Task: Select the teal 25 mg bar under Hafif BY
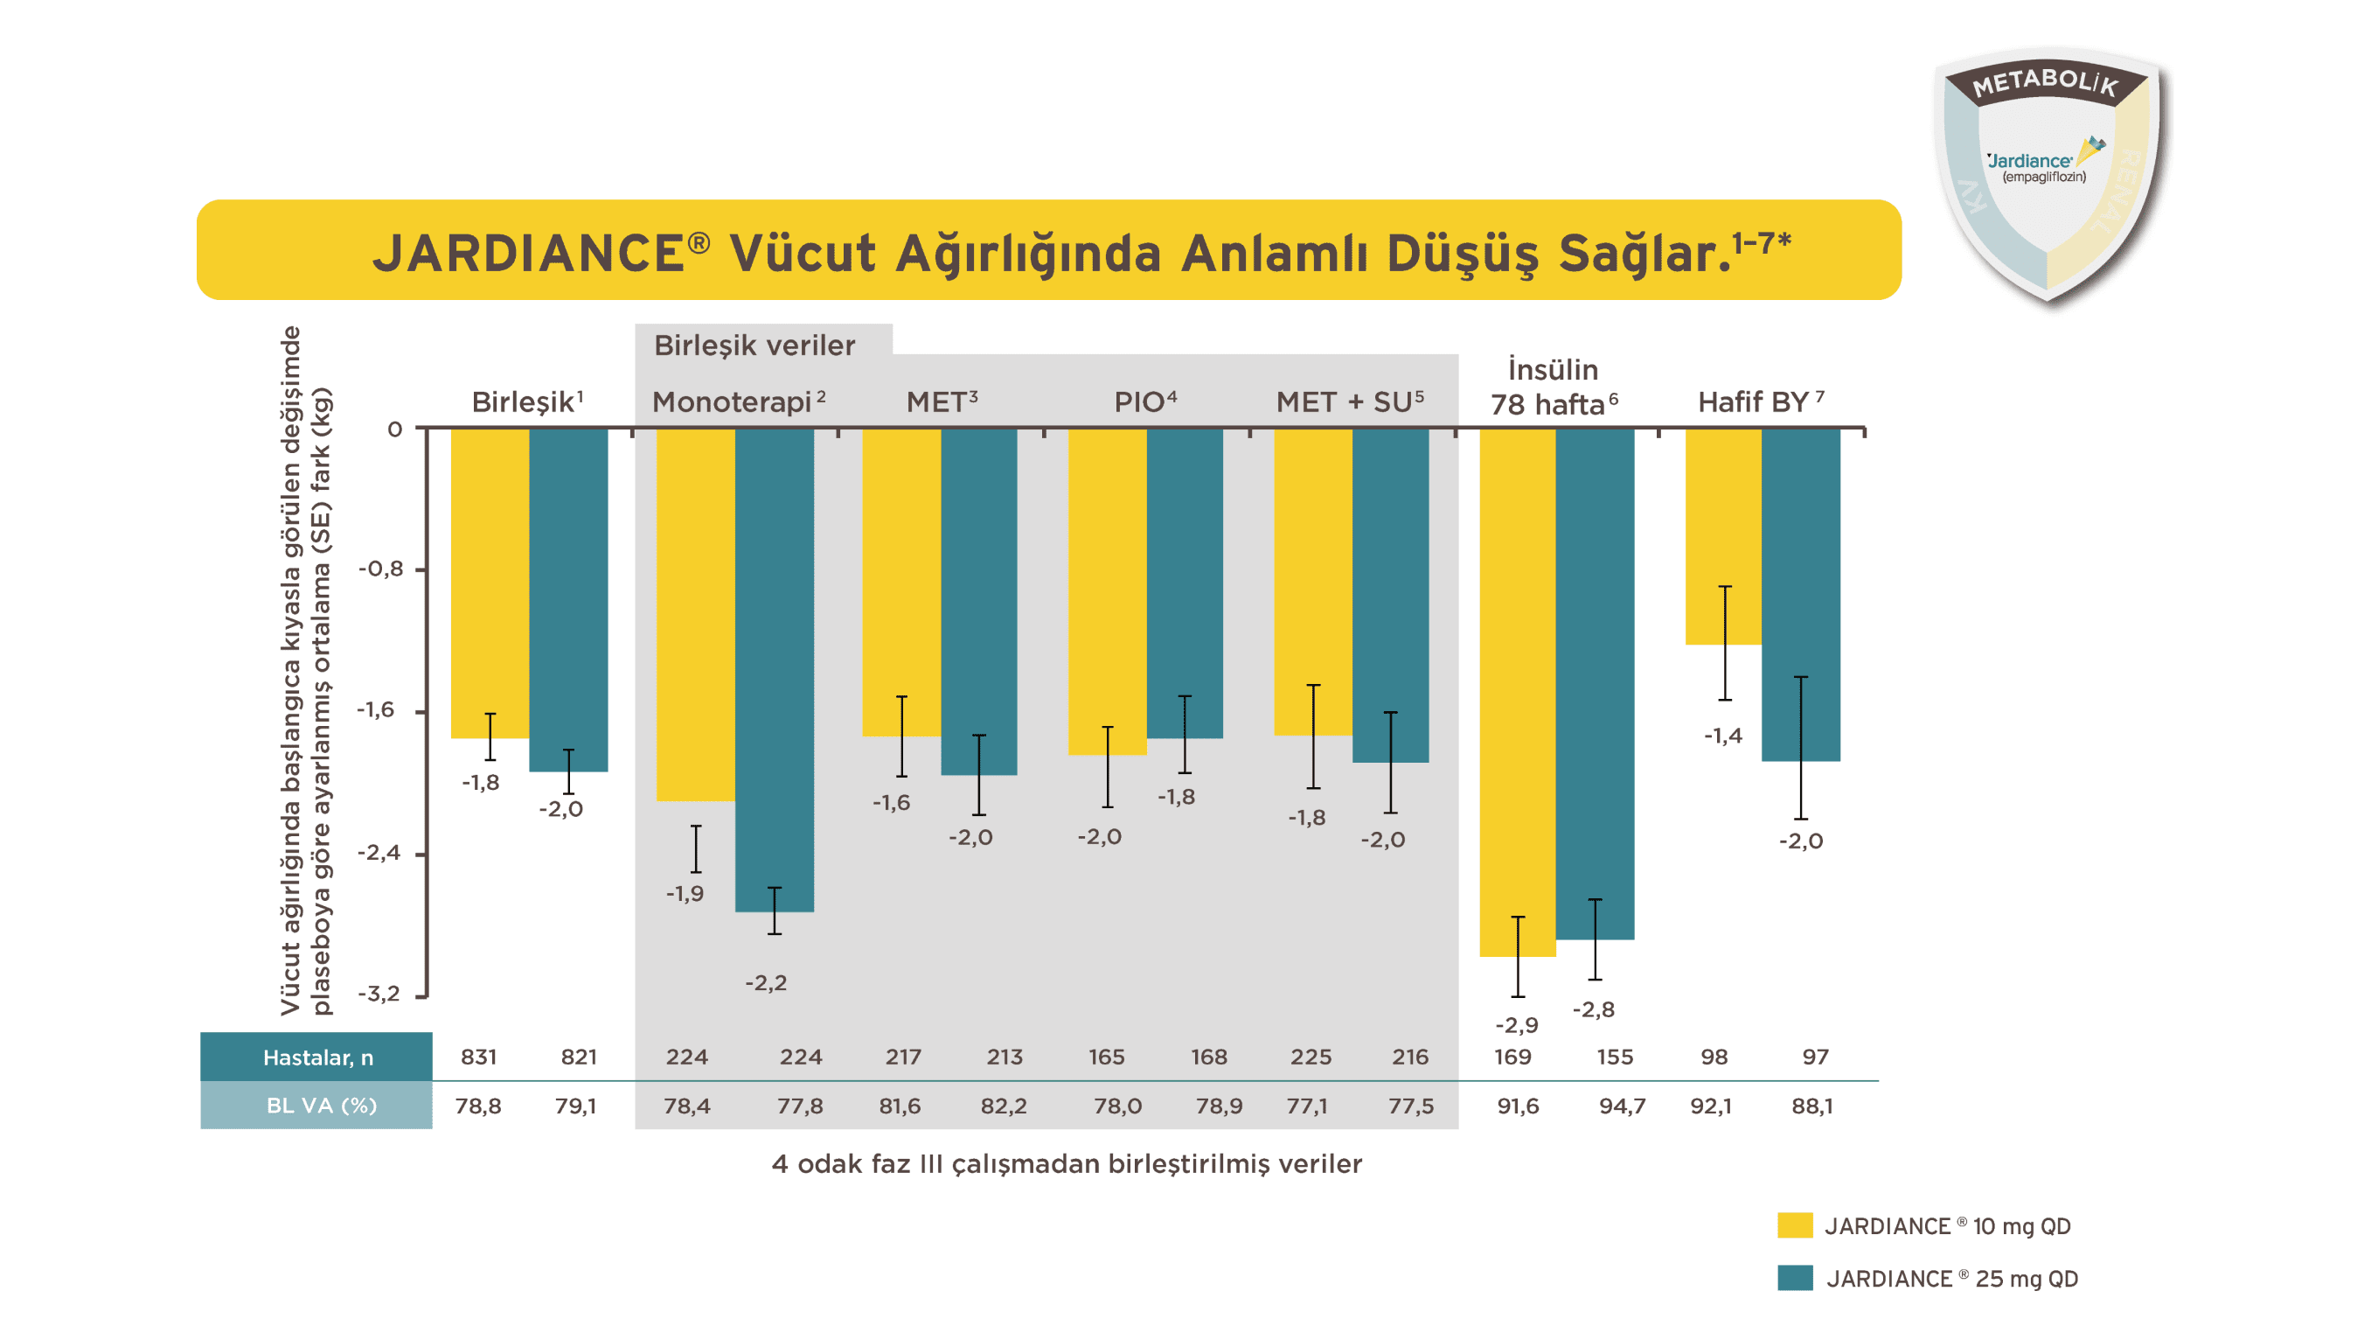(1800, 595)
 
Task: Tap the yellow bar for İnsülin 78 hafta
(1517, 691)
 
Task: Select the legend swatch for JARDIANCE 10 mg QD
(1794, 1225)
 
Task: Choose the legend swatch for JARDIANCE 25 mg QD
(1794, 1278)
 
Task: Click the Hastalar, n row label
(316, 1057)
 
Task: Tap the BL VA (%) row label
(316, 1106)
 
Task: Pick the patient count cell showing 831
(478, 1057)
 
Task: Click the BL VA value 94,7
(1622, 1106)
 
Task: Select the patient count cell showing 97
(1815, 1057)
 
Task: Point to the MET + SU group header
(1349, 402)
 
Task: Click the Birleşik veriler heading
(754, 346)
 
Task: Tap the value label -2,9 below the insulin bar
(1516, 1024)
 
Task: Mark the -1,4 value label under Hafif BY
(1722, 736)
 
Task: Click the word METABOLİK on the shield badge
(2045, 83)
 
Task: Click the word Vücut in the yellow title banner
(802, 253)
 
